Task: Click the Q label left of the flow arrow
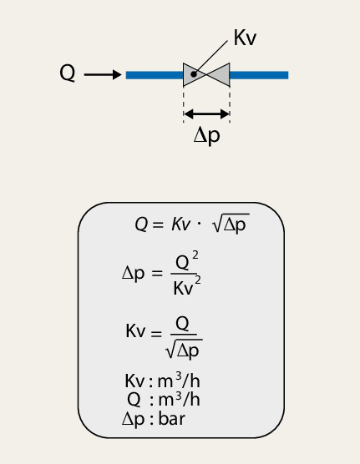(x=68, y=73)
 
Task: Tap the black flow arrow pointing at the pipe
(x=103, y=74)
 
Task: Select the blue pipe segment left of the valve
(x=155, y=75)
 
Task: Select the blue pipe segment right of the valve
(x=259, y=75)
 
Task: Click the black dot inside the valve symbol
(x=194, y=74)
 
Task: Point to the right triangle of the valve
(x=220, y=74)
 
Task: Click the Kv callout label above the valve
(x=245, y=38)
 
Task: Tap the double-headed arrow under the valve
(x=207, y=113)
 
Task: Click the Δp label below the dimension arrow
(x=207, y=136)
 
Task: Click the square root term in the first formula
(x=231, y=224)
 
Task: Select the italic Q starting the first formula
(x=141, y=224)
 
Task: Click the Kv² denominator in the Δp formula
(x=187, y=286)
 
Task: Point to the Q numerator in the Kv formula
(x=182, y=324)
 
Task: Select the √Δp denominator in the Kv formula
(x=184, y=350)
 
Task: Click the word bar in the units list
(x=172, y=419)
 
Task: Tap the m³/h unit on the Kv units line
(x=179, y=381)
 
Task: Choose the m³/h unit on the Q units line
(x=180, y=399)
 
